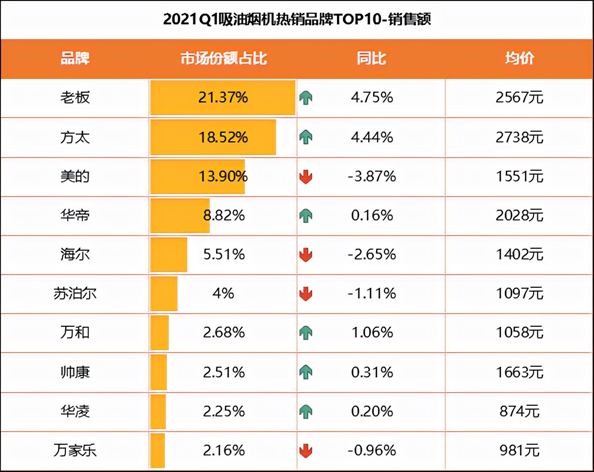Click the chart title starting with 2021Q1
297,20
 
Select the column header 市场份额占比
224,59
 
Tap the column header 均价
519,59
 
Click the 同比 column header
371,59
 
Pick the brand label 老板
75,98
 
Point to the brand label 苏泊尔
75,294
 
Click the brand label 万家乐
75,450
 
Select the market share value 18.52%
223,138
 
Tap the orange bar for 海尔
169,255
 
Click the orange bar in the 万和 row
159,333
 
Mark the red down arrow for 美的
306,177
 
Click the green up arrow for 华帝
306,216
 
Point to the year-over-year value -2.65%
372,255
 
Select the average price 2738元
519,138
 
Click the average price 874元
519,411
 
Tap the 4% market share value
223,294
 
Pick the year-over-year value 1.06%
372,333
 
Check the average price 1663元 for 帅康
519,373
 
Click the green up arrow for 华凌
306,412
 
